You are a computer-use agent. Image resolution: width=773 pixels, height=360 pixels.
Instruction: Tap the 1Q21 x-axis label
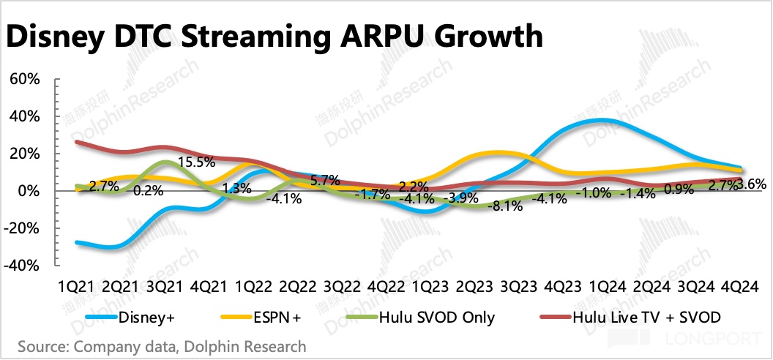(x=76, y=285)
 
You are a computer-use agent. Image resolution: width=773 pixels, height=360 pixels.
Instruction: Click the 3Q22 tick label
(x=343, y=285)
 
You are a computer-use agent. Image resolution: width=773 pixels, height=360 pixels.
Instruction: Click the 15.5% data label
(x=197, y=162)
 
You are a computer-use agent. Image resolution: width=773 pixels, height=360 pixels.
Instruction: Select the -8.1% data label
(x=505, y=206)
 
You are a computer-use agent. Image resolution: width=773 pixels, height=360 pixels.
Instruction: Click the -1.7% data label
(x=371, y=194)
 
